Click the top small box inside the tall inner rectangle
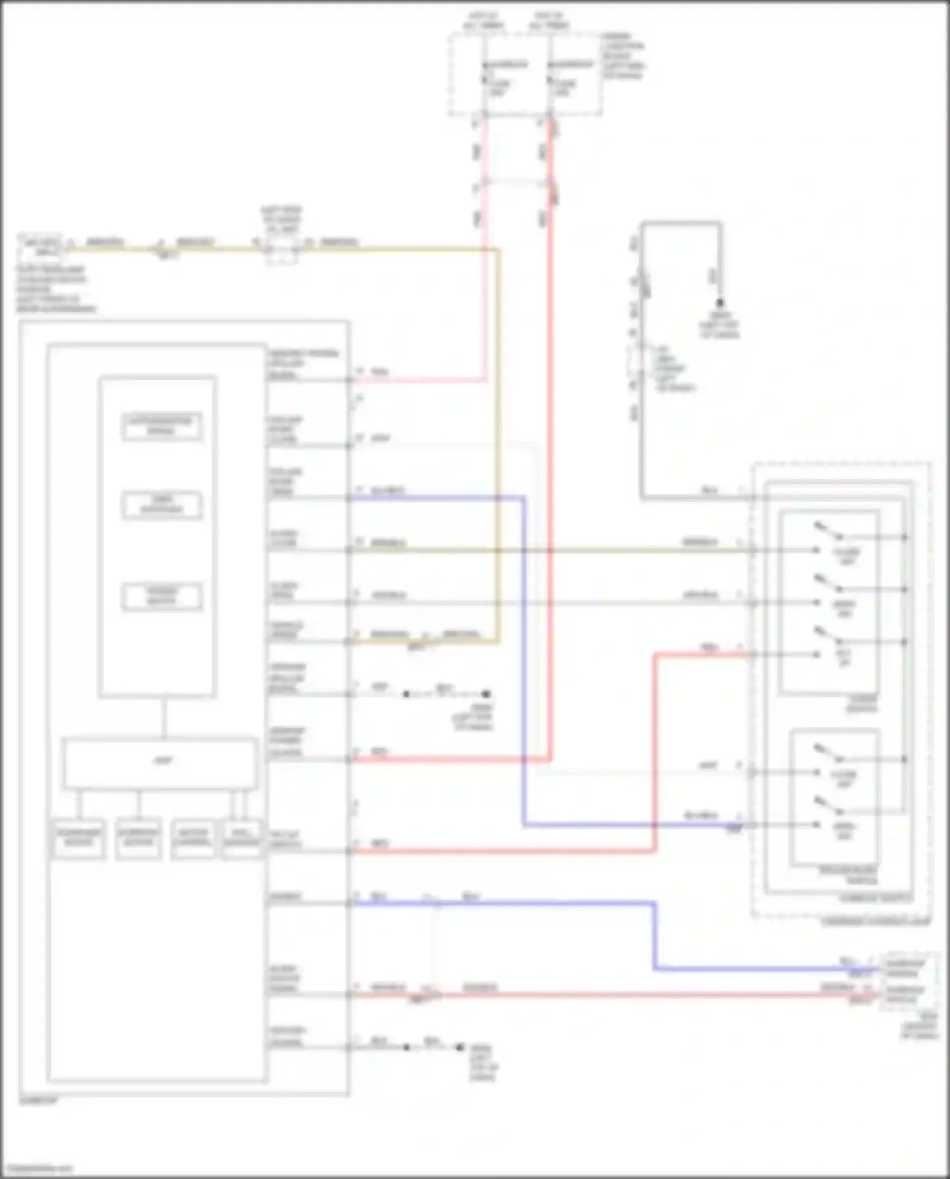(x=162, y=426)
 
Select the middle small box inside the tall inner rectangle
(x=162, y=505)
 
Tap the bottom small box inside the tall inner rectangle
(x=162, y=596)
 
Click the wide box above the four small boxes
(x=160, y=763)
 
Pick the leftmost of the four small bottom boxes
(x=79, y=838)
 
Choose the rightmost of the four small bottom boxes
(x=242, y=838)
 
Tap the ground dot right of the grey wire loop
(x=719, y=303)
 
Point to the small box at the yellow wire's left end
(x=41, y=247)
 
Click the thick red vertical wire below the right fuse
(x=550, y=443)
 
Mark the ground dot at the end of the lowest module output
(x=460, y=1047)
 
